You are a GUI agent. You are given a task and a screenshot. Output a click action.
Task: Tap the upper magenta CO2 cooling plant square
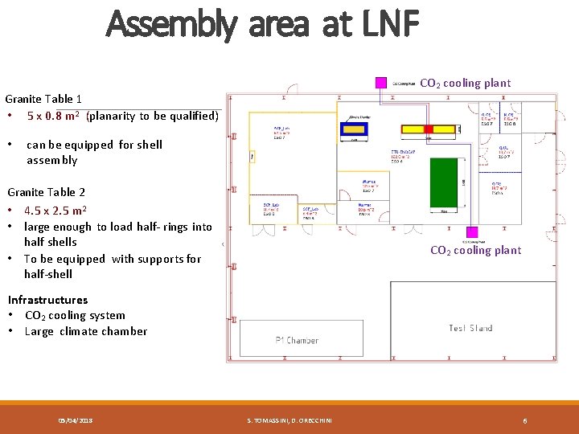click(381, 83)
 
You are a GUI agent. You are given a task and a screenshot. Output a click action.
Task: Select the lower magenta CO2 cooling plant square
click(472, 232)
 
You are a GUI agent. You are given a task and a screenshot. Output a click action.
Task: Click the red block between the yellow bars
click(429, 129)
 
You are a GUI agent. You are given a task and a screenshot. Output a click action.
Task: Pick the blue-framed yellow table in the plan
click(355, 128)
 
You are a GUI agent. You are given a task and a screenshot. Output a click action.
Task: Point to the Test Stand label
click(471, 328)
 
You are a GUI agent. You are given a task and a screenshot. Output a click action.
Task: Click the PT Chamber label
click(298, 340)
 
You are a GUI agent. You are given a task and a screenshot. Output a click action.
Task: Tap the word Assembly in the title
click(171, 24)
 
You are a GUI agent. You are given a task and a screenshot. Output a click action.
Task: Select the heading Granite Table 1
click(44, 100)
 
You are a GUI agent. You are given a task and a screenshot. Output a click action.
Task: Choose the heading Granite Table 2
click(46, 192)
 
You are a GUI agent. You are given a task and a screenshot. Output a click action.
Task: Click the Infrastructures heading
click(47, 300)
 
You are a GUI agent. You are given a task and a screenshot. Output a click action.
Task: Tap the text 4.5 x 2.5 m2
click(55, 211)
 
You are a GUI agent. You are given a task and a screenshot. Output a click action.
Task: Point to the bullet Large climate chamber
click(86, 331)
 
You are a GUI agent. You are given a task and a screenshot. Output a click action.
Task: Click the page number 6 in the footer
click(525, 420)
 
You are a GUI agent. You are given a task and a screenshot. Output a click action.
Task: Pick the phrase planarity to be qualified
click(152, 116)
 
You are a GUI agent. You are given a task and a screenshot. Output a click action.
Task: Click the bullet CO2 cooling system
click(75, 315)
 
